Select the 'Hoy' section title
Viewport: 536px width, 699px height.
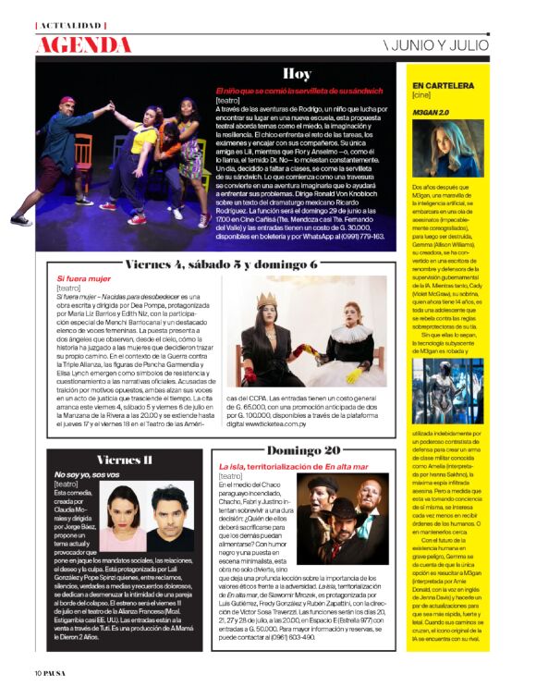coord(297,74)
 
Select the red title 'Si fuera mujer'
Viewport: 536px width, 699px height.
coord(83,277)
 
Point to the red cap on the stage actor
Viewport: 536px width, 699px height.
coord(67,100)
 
